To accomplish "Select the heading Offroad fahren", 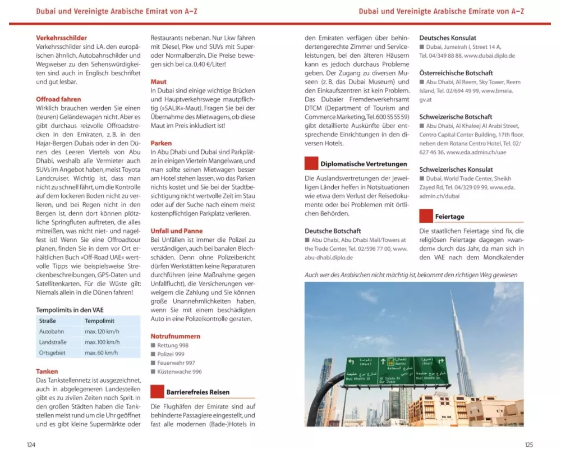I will pyautogui.click(x=58, y=99).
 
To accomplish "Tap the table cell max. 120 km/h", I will pyautogui.click(x=102, y=332).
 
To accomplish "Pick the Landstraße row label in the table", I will pyautogui.click(x=54, y=342).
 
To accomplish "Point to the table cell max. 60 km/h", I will pyautogui.click(x=101, y=352).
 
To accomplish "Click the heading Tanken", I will pyautogui.click(x=47, y=372).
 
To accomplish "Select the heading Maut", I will pyautogui.click(x=159, y=82).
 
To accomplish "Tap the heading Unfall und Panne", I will pyautogui.click(x=176, y=231).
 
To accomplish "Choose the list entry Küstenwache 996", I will pyautogui.click(x=179, y=372).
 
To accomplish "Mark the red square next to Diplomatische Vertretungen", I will pyautogui.click(x=311, y=163).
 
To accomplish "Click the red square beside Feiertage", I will pyautogui.click(x=426, y=216).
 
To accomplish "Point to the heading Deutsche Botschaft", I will pyautogui.click(x=333, y=231).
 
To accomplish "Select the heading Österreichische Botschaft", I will pyautogui.click(x=456, y=73).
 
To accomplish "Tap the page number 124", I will pyautogui.click(x=31, y=445).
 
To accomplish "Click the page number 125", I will pyautogui.click(x=528, y=445).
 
